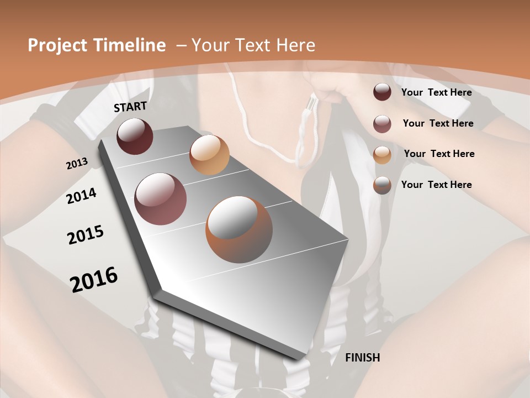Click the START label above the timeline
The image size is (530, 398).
tap(130, 107)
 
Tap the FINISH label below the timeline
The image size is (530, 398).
tap(362, 358)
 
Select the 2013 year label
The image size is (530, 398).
tap(77, 163)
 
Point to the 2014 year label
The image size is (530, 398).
tap(81, 196)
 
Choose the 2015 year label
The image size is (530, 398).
tap(85, 235)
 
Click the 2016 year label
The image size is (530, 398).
tap(94, 279)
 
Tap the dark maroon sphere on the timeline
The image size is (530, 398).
tap(135, 136)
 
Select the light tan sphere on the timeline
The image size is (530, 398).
tap(209, 155)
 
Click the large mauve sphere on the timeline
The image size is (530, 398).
tap(161, 199)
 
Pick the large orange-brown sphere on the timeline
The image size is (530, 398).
tap(239, 229)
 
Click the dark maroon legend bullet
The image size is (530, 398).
tap(382, 92)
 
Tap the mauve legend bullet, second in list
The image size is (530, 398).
tap(382, 124)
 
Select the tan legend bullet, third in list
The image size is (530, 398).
tap(382, 154)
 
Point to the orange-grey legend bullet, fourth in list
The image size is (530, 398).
tap(382, 185)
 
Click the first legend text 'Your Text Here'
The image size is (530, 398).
tap(436, 92)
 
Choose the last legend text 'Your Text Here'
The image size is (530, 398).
tap(436, 185)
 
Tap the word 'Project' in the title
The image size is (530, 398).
tap(56, 45)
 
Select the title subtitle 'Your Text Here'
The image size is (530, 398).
tap(253, 45)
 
